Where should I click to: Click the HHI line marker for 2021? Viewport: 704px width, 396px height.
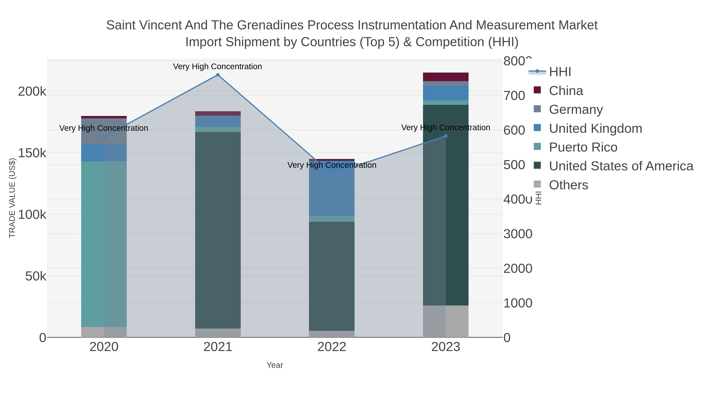point(218,75)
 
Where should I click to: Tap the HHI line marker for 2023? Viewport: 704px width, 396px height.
point(446,136)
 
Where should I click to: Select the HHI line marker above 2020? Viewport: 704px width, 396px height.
point(104,137)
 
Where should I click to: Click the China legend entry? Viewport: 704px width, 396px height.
point(566,91)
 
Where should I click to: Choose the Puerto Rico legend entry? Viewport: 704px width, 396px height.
point(583,147)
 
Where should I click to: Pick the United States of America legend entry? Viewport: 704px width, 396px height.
point(621,166)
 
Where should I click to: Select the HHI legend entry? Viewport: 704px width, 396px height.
point(560,72)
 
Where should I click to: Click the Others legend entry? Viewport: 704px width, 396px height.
point(568,185)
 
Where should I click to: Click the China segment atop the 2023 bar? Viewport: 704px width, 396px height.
point(446,77)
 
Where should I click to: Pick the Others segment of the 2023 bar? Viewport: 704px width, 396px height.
point(446,321)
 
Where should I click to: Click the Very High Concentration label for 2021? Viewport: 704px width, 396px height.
point(217,67)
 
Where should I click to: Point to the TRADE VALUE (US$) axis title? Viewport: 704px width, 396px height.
point(12,198)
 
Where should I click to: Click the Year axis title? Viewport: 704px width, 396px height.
point(275,365)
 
